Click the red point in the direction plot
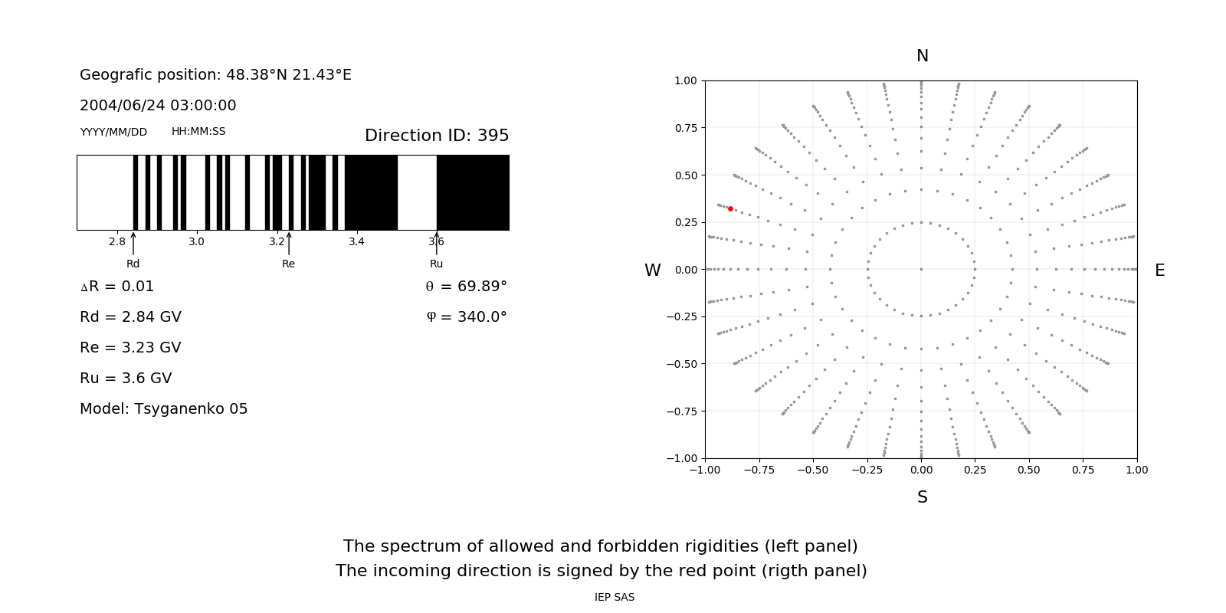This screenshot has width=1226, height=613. point(730,208)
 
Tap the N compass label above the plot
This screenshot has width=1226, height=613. point(923,56)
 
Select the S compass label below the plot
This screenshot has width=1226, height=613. point(923,497)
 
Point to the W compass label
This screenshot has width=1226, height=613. point(653,270)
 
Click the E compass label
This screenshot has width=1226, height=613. point(1160,270)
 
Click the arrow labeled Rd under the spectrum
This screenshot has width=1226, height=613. point(133,244)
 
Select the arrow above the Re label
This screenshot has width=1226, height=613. point(289,244)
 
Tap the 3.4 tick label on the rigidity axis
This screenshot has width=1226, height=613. point(356,242)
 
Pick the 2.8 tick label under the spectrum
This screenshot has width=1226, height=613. point(117,242)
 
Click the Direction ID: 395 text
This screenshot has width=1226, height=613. point(437,136)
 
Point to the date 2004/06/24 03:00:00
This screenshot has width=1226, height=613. point(158,106)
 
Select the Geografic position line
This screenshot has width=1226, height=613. point(215,75)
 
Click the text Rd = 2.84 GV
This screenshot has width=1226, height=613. point(130,317)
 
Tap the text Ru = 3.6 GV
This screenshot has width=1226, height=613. point(126,379)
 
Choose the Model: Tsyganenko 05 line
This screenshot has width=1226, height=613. point(164,409)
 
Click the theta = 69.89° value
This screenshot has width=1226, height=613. point(467,287)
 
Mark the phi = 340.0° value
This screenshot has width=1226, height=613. point(467,317)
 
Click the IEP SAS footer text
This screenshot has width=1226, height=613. point(615,598)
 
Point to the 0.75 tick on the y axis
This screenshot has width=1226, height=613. point(685,128)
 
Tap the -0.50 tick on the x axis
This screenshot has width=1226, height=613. point(813,470)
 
